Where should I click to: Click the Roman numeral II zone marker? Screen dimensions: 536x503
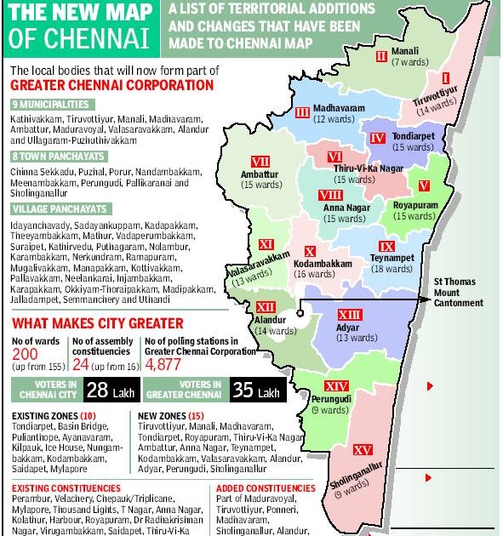point(381,56)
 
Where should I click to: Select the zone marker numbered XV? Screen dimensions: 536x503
point(363,449)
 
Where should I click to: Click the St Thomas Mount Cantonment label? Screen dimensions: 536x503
point(458,292)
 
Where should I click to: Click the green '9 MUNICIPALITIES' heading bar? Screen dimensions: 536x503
point(56,104)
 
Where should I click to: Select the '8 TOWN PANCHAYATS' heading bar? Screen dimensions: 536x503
point(58,157)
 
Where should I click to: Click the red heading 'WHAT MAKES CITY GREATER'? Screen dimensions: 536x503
point(97,323)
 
